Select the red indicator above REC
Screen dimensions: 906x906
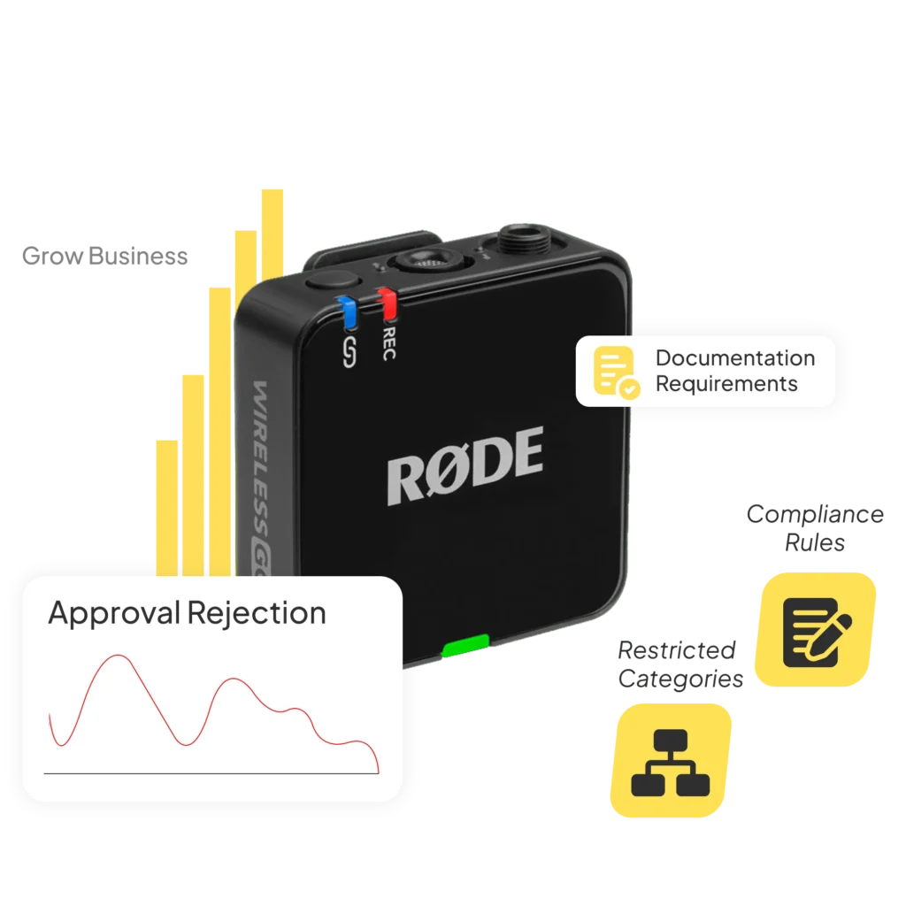(387, 303)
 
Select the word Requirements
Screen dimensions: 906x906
(726, 384)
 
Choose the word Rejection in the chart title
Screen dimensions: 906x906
(257, 612)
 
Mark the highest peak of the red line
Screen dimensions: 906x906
(114, 656)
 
